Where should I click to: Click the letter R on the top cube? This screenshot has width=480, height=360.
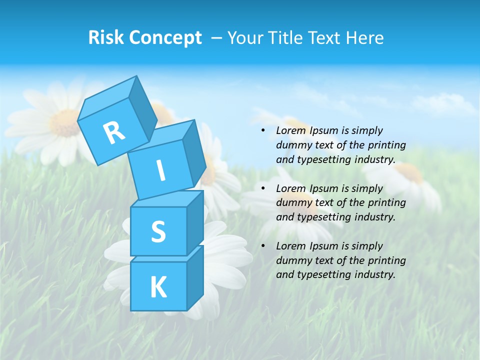click(x=114, y=132)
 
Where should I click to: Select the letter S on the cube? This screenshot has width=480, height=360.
click(x=158, y=232)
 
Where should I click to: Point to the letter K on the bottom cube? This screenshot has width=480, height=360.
click(x=158, y=287)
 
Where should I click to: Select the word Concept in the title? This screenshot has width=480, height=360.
click(x=165, y=38)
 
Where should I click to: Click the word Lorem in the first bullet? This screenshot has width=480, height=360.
click(x=291, y=130)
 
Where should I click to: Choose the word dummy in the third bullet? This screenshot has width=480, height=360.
click(x=293, y=260)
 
